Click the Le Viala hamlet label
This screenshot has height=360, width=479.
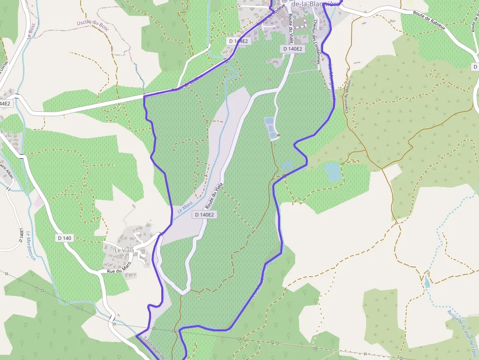[x=124, y=250]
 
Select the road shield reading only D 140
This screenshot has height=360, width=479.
[x=65, y=238]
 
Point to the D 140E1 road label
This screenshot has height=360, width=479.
[x=21, y=236]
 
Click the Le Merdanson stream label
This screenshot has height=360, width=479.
[x=31, y=245]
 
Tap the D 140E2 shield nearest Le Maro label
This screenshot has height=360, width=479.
[x=205, y=214]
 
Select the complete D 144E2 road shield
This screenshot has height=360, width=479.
[x=239, y=41]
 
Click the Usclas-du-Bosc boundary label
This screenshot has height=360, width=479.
[x=92, y=25]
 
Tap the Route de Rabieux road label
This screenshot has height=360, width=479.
[x=429, y=20]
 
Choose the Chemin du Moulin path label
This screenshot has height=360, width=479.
[x=348, y=96]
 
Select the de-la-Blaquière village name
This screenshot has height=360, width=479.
[x=316, y=4]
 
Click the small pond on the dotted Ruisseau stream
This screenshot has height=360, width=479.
[x=427, y=282]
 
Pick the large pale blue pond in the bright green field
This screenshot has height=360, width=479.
[x=333, y=172]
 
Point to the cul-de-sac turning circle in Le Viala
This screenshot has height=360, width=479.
[x=143, y=254]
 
